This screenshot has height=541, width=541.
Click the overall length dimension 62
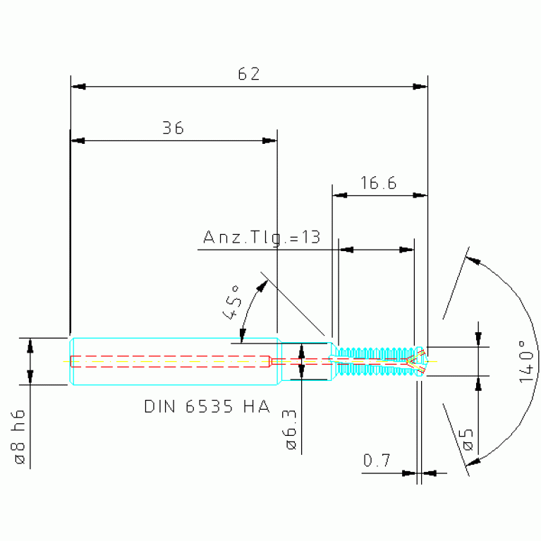click(x=249, y=74)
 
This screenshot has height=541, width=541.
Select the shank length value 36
click(x=174, y=128)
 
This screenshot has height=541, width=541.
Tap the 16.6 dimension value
click(x=379, y=183)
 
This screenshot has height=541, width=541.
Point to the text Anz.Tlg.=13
click(x=262, y=238)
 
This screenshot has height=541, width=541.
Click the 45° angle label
click(x=231, y=303)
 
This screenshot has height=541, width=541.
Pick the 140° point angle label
click(x=526, y=362)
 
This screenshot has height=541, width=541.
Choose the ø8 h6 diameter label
click(x=20, y=437)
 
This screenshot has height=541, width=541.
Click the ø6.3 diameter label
click(x=291, y=430)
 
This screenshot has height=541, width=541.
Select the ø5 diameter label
click(x=468, y=440)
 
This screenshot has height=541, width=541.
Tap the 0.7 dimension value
click(x=377, y=461)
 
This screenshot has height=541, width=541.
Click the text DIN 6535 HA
click(x=207, y=406)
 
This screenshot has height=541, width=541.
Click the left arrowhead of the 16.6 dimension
click(x=340, y=195)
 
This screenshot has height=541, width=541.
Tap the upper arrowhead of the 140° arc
click(x=473, y=260)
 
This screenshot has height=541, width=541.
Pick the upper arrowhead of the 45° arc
click(x=263, y=286)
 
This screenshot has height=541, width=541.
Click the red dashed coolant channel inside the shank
click(x=171, y=361)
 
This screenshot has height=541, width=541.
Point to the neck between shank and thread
click(x=305, y=361)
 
